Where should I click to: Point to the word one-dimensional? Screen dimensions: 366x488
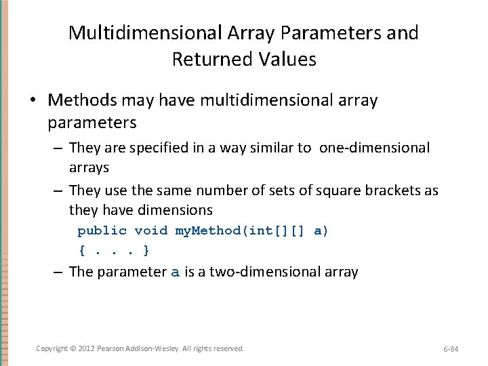pos(374,147)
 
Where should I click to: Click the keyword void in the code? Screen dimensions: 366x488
pos(151,230)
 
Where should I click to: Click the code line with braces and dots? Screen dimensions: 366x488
pos(114,251)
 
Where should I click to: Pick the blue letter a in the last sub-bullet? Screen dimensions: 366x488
pos(176,272)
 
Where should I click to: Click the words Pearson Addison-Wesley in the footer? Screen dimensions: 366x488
pos(138,348)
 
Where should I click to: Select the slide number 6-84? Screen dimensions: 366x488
pos(451,349)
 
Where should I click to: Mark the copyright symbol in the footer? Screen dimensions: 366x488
pos(72,348)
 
